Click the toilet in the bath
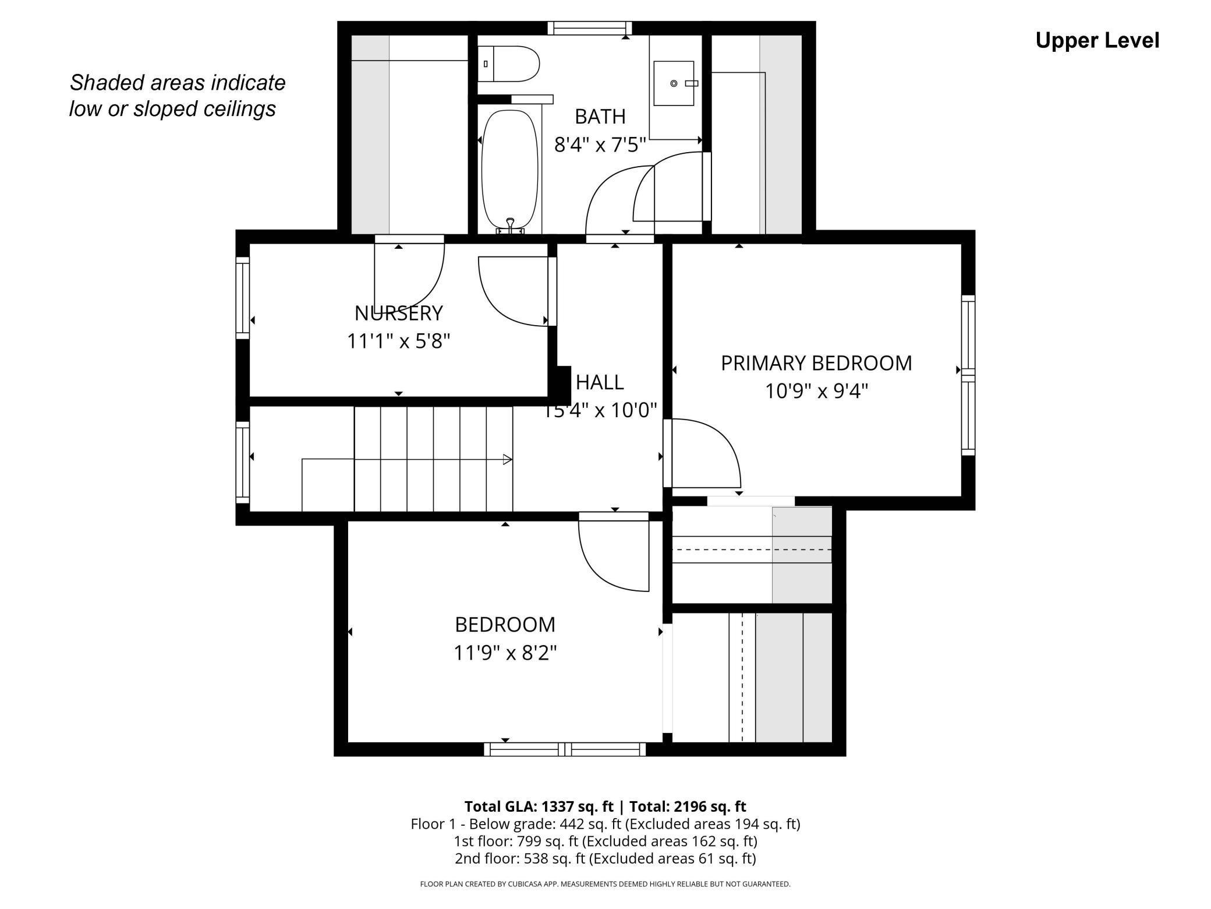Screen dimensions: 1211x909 (x=509, y=64)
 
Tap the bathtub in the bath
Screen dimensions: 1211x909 (x=510, y=170)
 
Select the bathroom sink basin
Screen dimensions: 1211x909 (x=674, y=83)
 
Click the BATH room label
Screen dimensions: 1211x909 (x=600, y=117)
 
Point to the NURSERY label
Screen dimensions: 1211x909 (x=399, y=313)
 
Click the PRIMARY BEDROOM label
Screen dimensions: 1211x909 (x=816, y=363)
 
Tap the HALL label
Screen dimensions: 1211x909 (x=600, y=382)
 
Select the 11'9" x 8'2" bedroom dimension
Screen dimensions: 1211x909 (x=505, y=653)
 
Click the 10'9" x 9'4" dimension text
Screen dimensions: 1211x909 (x=816, y=391)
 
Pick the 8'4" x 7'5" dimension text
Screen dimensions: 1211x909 (x=600, y=145)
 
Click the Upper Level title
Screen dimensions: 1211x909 (x=1097, y=41)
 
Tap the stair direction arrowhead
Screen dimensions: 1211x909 (x=508, y=460)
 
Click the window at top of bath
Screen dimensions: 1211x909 (x=590, y=28)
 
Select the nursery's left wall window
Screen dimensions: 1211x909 (x=242, y=298)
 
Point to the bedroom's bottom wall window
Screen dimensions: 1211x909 (x=565, y=749)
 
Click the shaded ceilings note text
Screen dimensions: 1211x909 (x=177, y=96)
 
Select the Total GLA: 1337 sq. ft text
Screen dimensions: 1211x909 (x=539, y=806)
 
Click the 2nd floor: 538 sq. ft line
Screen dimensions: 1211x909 (x=605, y=858)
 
